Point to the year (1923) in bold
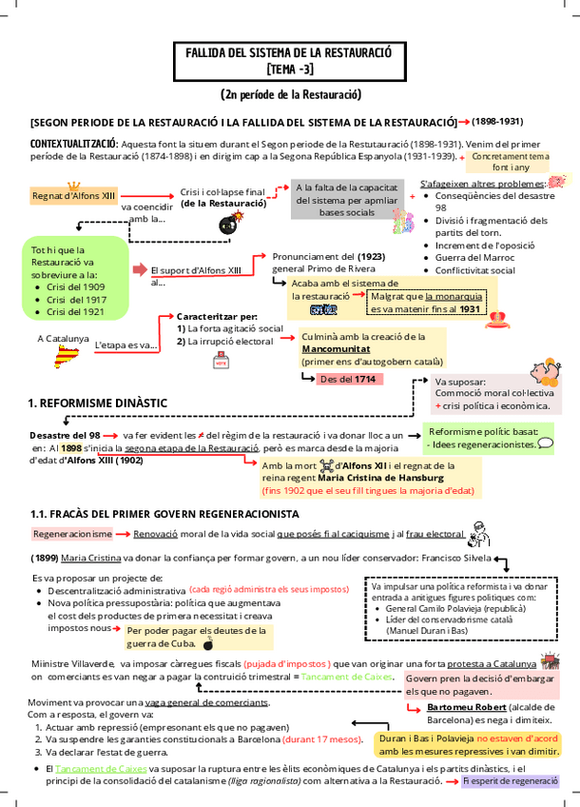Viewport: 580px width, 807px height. point(371,256)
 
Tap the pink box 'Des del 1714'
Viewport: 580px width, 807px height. point(351,379)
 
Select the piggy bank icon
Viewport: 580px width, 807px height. point(547,368)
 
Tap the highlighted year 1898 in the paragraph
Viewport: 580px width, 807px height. point(71,447)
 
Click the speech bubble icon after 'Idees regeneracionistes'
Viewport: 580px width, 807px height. point(546,443)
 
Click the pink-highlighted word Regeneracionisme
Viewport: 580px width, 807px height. point(72,535)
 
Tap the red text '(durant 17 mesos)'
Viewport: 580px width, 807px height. point(322,738)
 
